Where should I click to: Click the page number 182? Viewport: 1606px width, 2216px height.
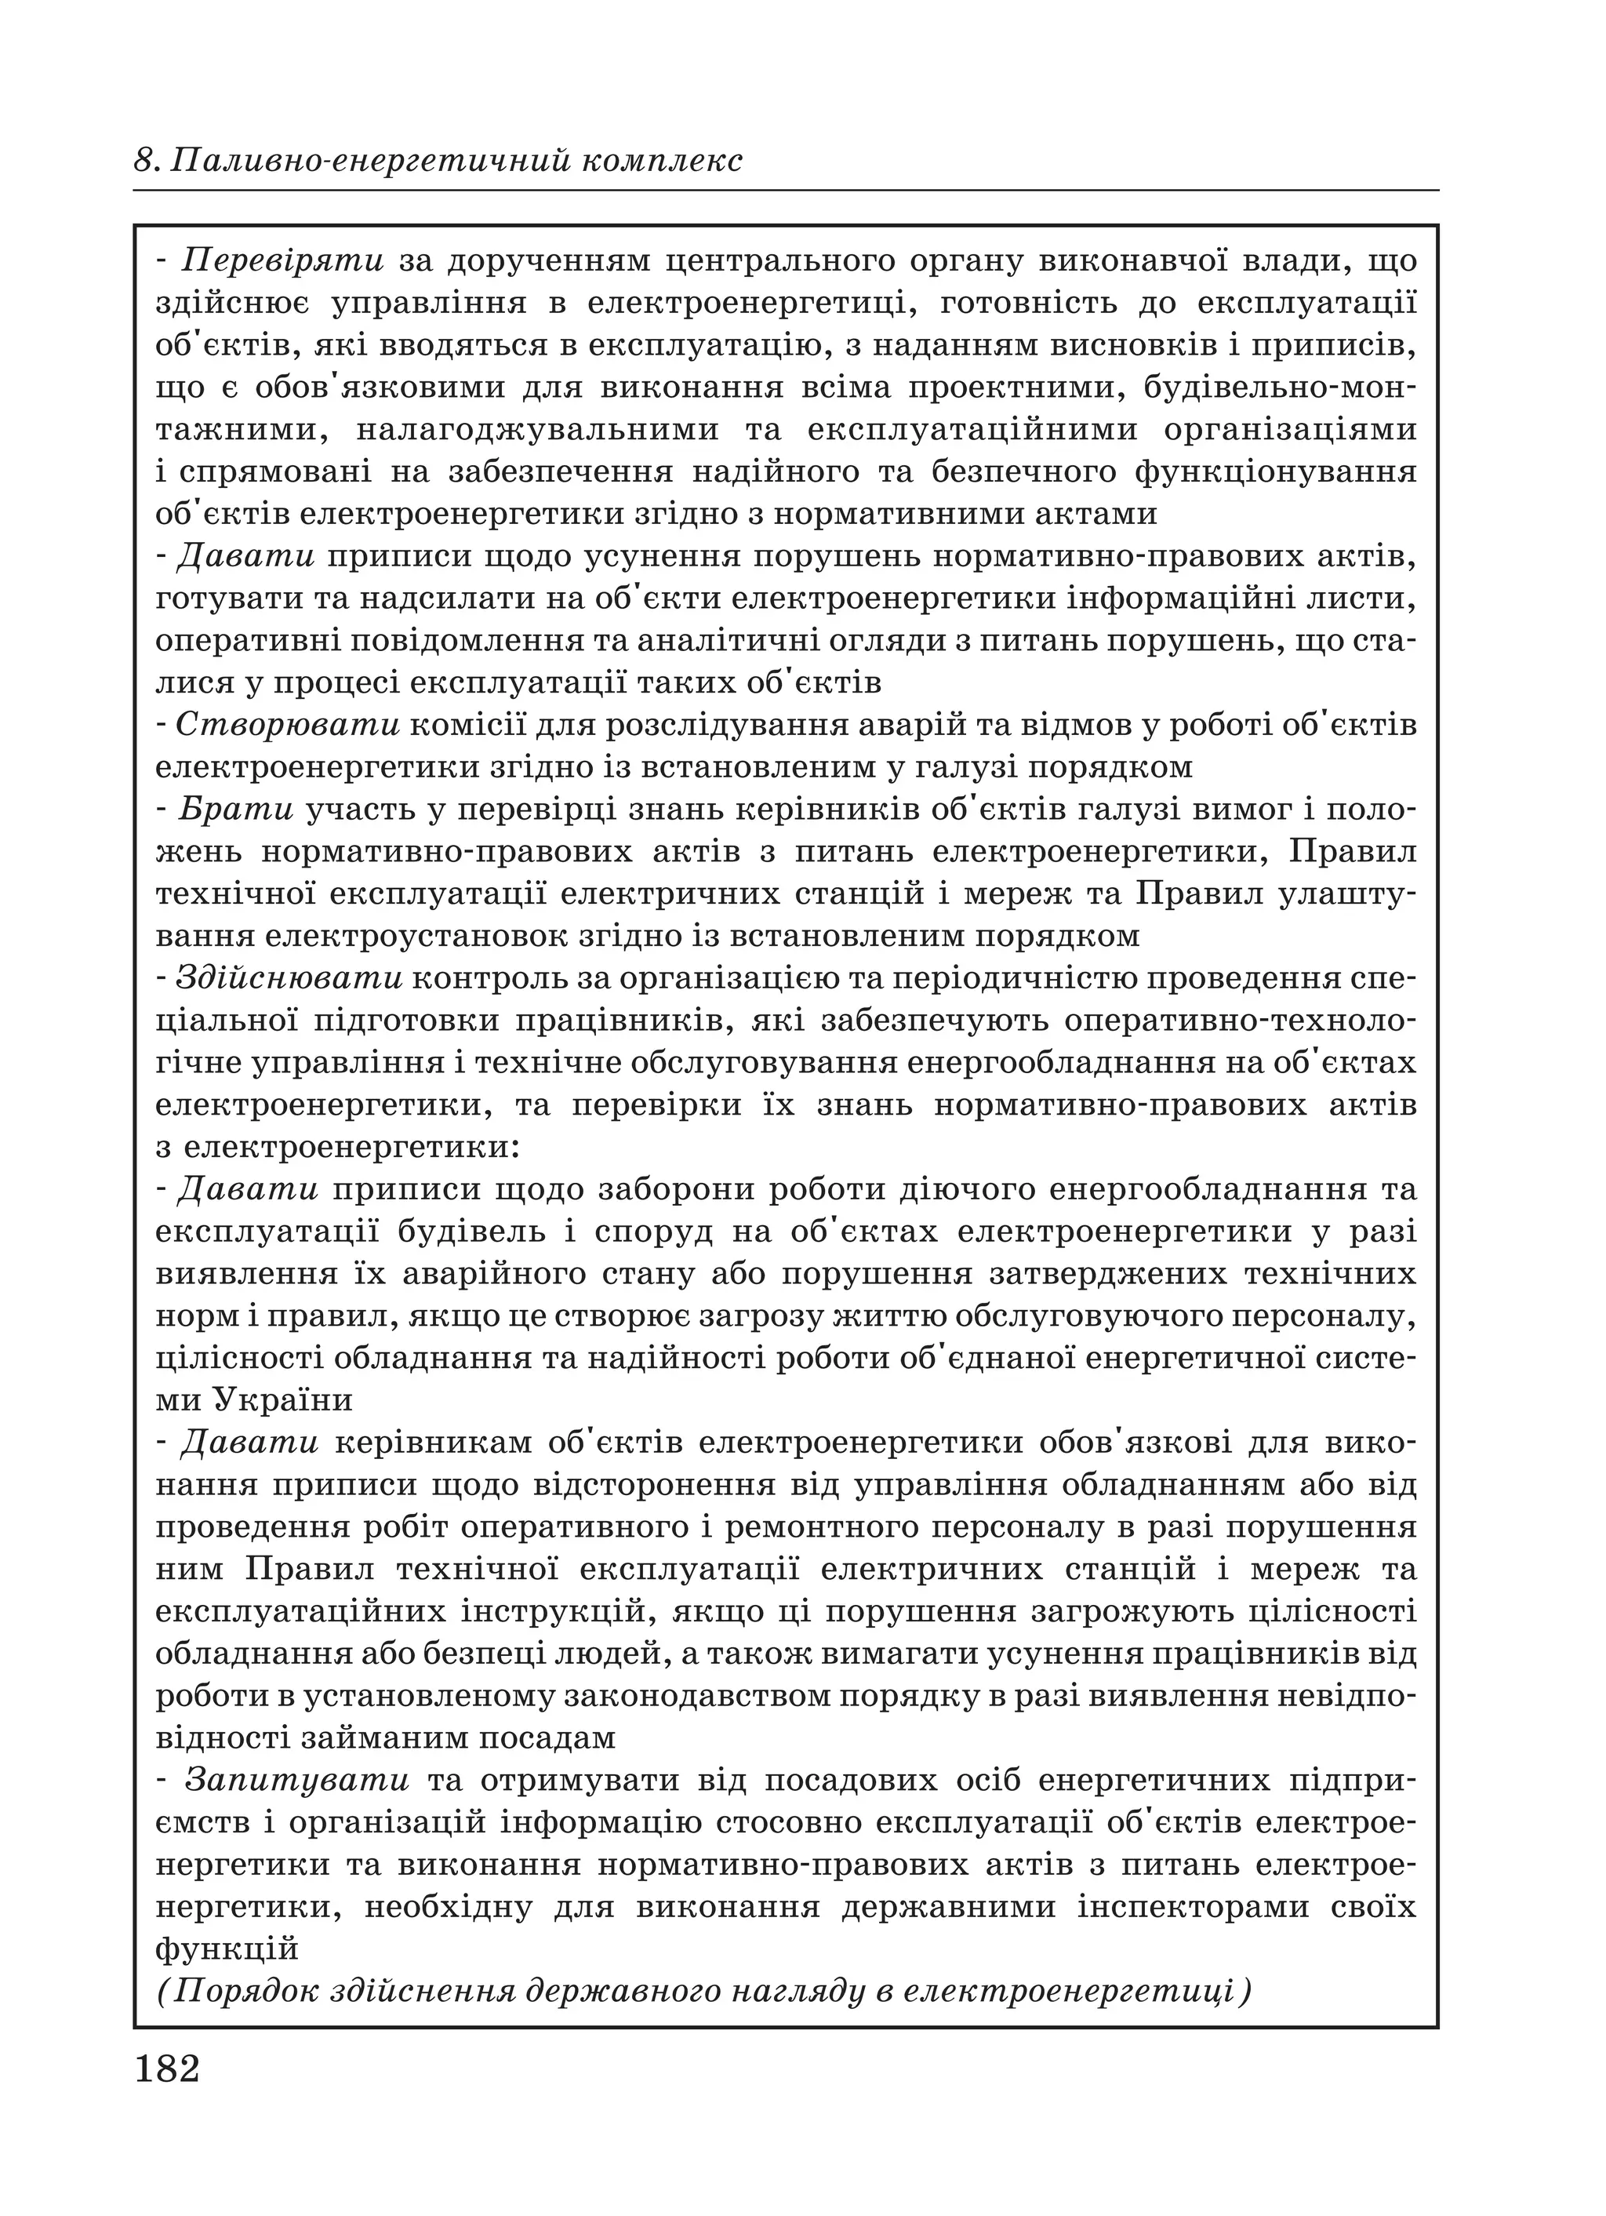(167, 2069)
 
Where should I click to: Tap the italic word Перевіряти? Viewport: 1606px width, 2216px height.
(285, 261)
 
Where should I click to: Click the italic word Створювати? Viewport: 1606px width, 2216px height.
(288, 724)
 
